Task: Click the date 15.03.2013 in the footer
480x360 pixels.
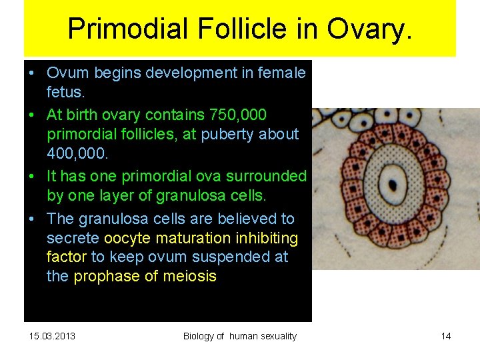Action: pos(53,336)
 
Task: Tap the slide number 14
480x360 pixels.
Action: pos(446,336)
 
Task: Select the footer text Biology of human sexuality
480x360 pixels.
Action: pos(240,336)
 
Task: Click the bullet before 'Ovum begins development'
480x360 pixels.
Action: pos(32,73)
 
